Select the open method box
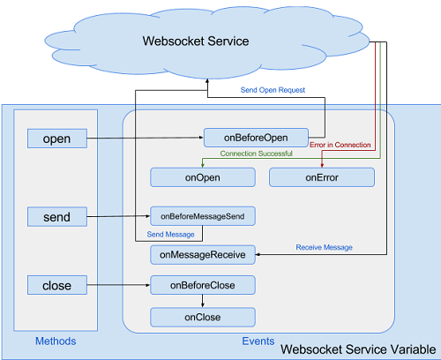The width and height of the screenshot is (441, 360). (56, 139)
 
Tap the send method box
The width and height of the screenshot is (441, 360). (56, 216)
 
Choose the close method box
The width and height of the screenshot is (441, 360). (56, 285)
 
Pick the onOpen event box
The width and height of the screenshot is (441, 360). (202, 177)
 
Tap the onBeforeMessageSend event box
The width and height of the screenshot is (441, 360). (203, 215)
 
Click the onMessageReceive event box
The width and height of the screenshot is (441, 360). (203, 254)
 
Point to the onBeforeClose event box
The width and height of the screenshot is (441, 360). (203, 285)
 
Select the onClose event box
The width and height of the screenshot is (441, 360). (203, 317)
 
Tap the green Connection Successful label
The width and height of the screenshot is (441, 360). (257, 154)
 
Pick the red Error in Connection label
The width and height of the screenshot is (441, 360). (341, 144)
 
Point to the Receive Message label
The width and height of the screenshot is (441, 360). (324, 248)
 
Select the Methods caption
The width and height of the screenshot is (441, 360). (56, 341)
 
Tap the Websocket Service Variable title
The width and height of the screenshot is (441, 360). (358, 349)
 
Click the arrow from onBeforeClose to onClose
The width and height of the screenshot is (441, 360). (203, 301)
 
